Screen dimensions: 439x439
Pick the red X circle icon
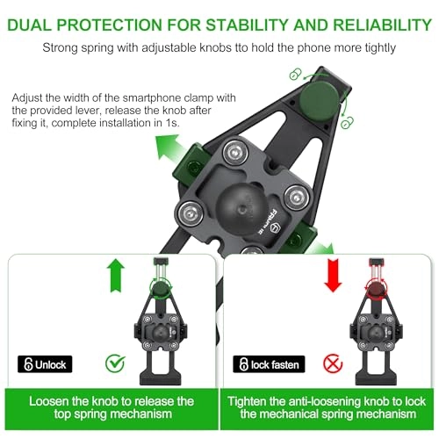tap(329, 362)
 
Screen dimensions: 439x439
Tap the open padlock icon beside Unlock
tap(28, 363)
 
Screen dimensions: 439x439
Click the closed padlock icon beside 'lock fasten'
tap(241, 363)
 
